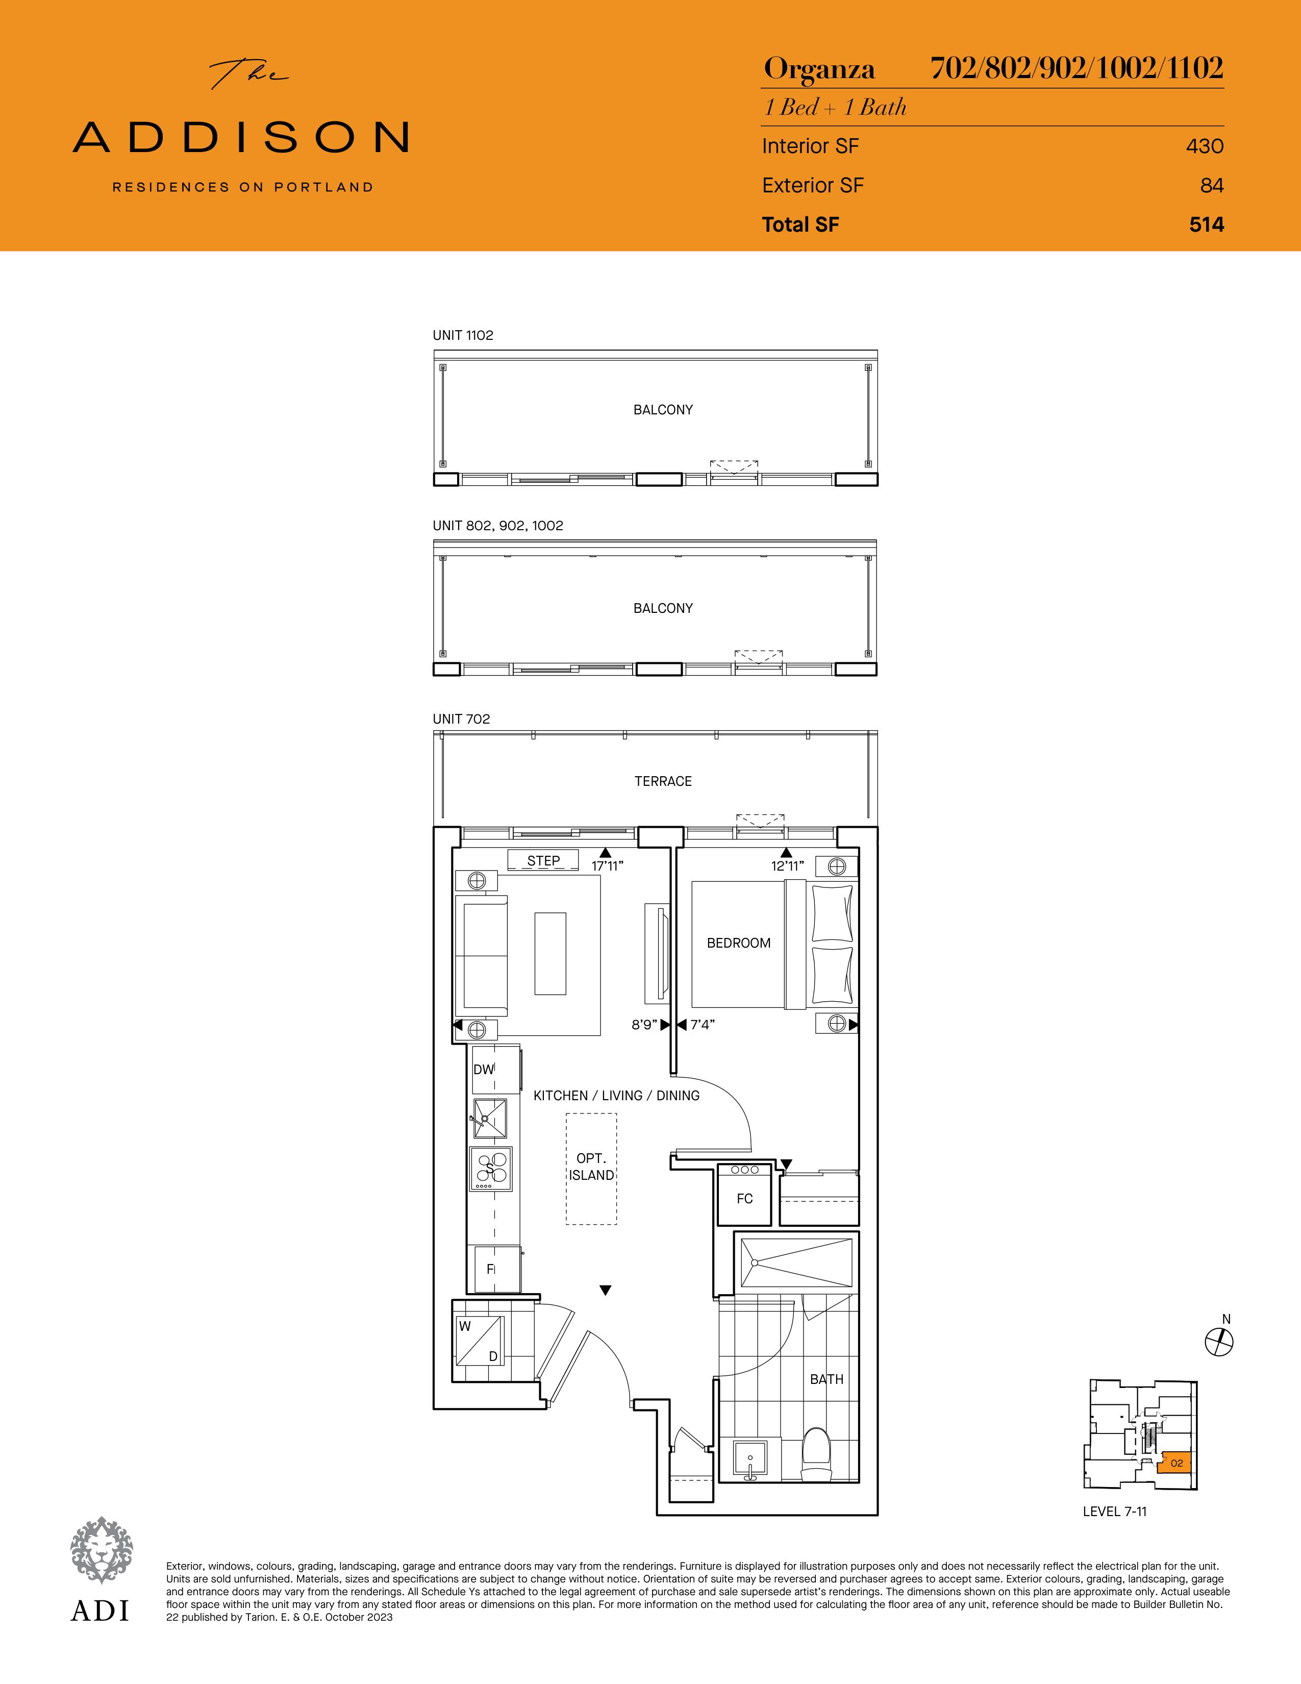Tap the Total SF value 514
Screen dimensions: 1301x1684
(x=1206, y=225)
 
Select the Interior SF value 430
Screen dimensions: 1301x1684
(x=1205, y=146)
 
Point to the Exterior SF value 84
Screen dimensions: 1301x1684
(x=1212, y=185)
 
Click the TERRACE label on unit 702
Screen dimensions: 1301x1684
(x=663, y=781)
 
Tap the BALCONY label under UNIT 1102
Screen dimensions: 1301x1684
(x=663, y=409)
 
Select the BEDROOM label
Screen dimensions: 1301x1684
(x=738, y=942)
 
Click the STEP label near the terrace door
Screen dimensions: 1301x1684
(x=543, y=860)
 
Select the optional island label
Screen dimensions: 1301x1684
(x=592, y=1167)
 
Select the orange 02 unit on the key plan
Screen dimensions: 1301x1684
(x=1175, y=1463)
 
